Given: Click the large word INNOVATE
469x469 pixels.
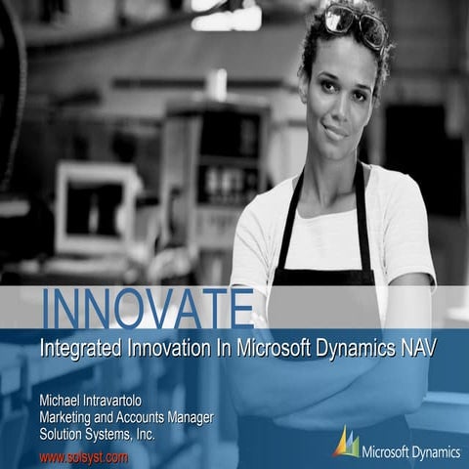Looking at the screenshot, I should pyautogui.click(x=148, y=309).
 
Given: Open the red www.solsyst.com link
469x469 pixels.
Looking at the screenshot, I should pyautogui.click(x=84, y=455).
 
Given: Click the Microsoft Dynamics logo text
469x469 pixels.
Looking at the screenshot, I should pyautogui.click(x=410, y=451).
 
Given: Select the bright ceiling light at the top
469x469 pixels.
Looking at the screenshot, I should pyautogui.click(x=226, y=17).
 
